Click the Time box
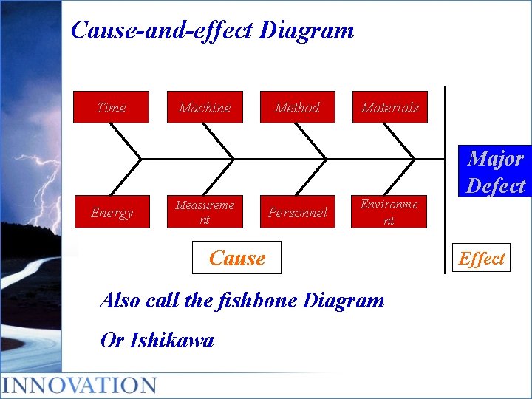tap(111, 107)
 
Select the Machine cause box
tap(205, 107)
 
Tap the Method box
tap(297, 107)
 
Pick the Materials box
tap(389, 107)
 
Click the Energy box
tap(112, 213)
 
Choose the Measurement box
tap(205, 213)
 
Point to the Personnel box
tap(297, 213)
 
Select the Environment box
tap(389, 213)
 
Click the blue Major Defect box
tap(495, 171)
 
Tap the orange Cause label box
tap(236, 258)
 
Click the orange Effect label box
tap(481, 259)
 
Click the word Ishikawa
tap(171, 340)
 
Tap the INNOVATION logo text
tap(79, 385)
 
